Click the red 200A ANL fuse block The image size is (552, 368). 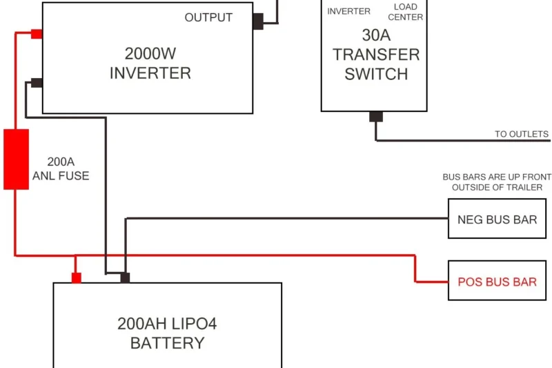tap(16, 159)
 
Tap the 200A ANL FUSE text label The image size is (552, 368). tap(61, 169)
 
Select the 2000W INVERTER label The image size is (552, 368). tap(150, 63)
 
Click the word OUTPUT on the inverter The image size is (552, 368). tap(208, 18)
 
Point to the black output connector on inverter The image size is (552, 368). tap(258, 21)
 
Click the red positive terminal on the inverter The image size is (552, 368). tap(37, 34)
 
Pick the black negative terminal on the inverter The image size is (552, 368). tap(37, 83)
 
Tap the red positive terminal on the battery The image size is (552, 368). tap(77, 278)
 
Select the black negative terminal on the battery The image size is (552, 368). tap(125, 278)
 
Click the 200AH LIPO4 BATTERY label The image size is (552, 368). tap(167, 333)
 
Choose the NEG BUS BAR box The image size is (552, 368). tap(497, 220)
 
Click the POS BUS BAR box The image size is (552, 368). tap(497, 282)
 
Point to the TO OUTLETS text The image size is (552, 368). tap(521, 134)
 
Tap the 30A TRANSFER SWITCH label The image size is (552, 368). tap(376, 55)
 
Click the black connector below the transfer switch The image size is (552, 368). tap(376, 117)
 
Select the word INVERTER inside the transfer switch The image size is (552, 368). tap(348, 11)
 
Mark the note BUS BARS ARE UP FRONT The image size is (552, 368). tap(497, 177)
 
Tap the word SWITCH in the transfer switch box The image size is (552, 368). tap(376, 74)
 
